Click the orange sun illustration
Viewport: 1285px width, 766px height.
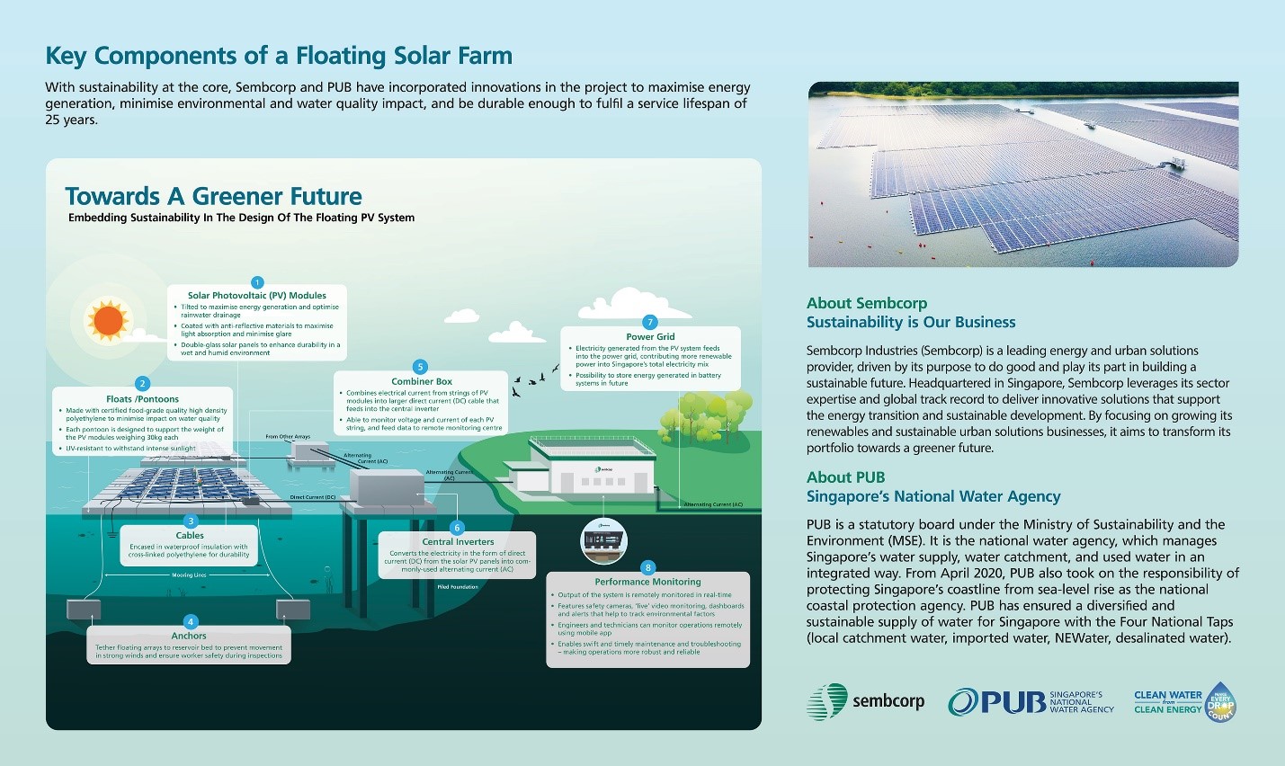[x=108, y=321]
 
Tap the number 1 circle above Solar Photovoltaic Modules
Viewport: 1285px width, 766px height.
[x=257, y=282]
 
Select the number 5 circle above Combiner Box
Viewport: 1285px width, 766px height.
[x=420, y=367]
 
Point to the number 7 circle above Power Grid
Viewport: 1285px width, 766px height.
[x=650, y=322]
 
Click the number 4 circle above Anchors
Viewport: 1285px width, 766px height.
[x=190, y=621]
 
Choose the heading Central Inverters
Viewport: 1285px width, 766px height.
[x=458, y=542]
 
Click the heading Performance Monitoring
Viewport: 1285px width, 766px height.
[x=647, y=582]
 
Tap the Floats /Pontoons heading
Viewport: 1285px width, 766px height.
[x=142, y=399]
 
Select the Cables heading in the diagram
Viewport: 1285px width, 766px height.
[x=190, y=536]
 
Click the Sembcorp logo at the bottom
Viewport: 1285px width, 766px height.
[x=865, y=701]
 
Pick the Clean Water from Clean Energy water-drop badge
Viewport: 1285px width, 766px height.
[x=1220, y=702]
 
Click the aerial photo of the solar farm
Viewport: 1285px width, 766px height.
[x=1022, y=174]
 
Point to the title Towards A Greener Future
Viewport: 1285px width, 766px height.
[x=213, y=197]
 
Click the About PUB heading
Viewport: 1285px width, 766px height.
[x=845, y=477]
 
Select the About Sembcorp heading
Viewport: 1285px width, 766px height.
[x=866, y=303]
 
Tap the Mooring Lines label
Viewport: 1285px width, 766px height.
[x=189, y=575]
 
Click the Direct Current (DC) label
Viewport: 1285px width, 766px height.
[x=312, y=497]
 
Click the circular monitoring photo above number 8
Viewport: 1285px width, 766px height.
[x=603, y=540]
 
